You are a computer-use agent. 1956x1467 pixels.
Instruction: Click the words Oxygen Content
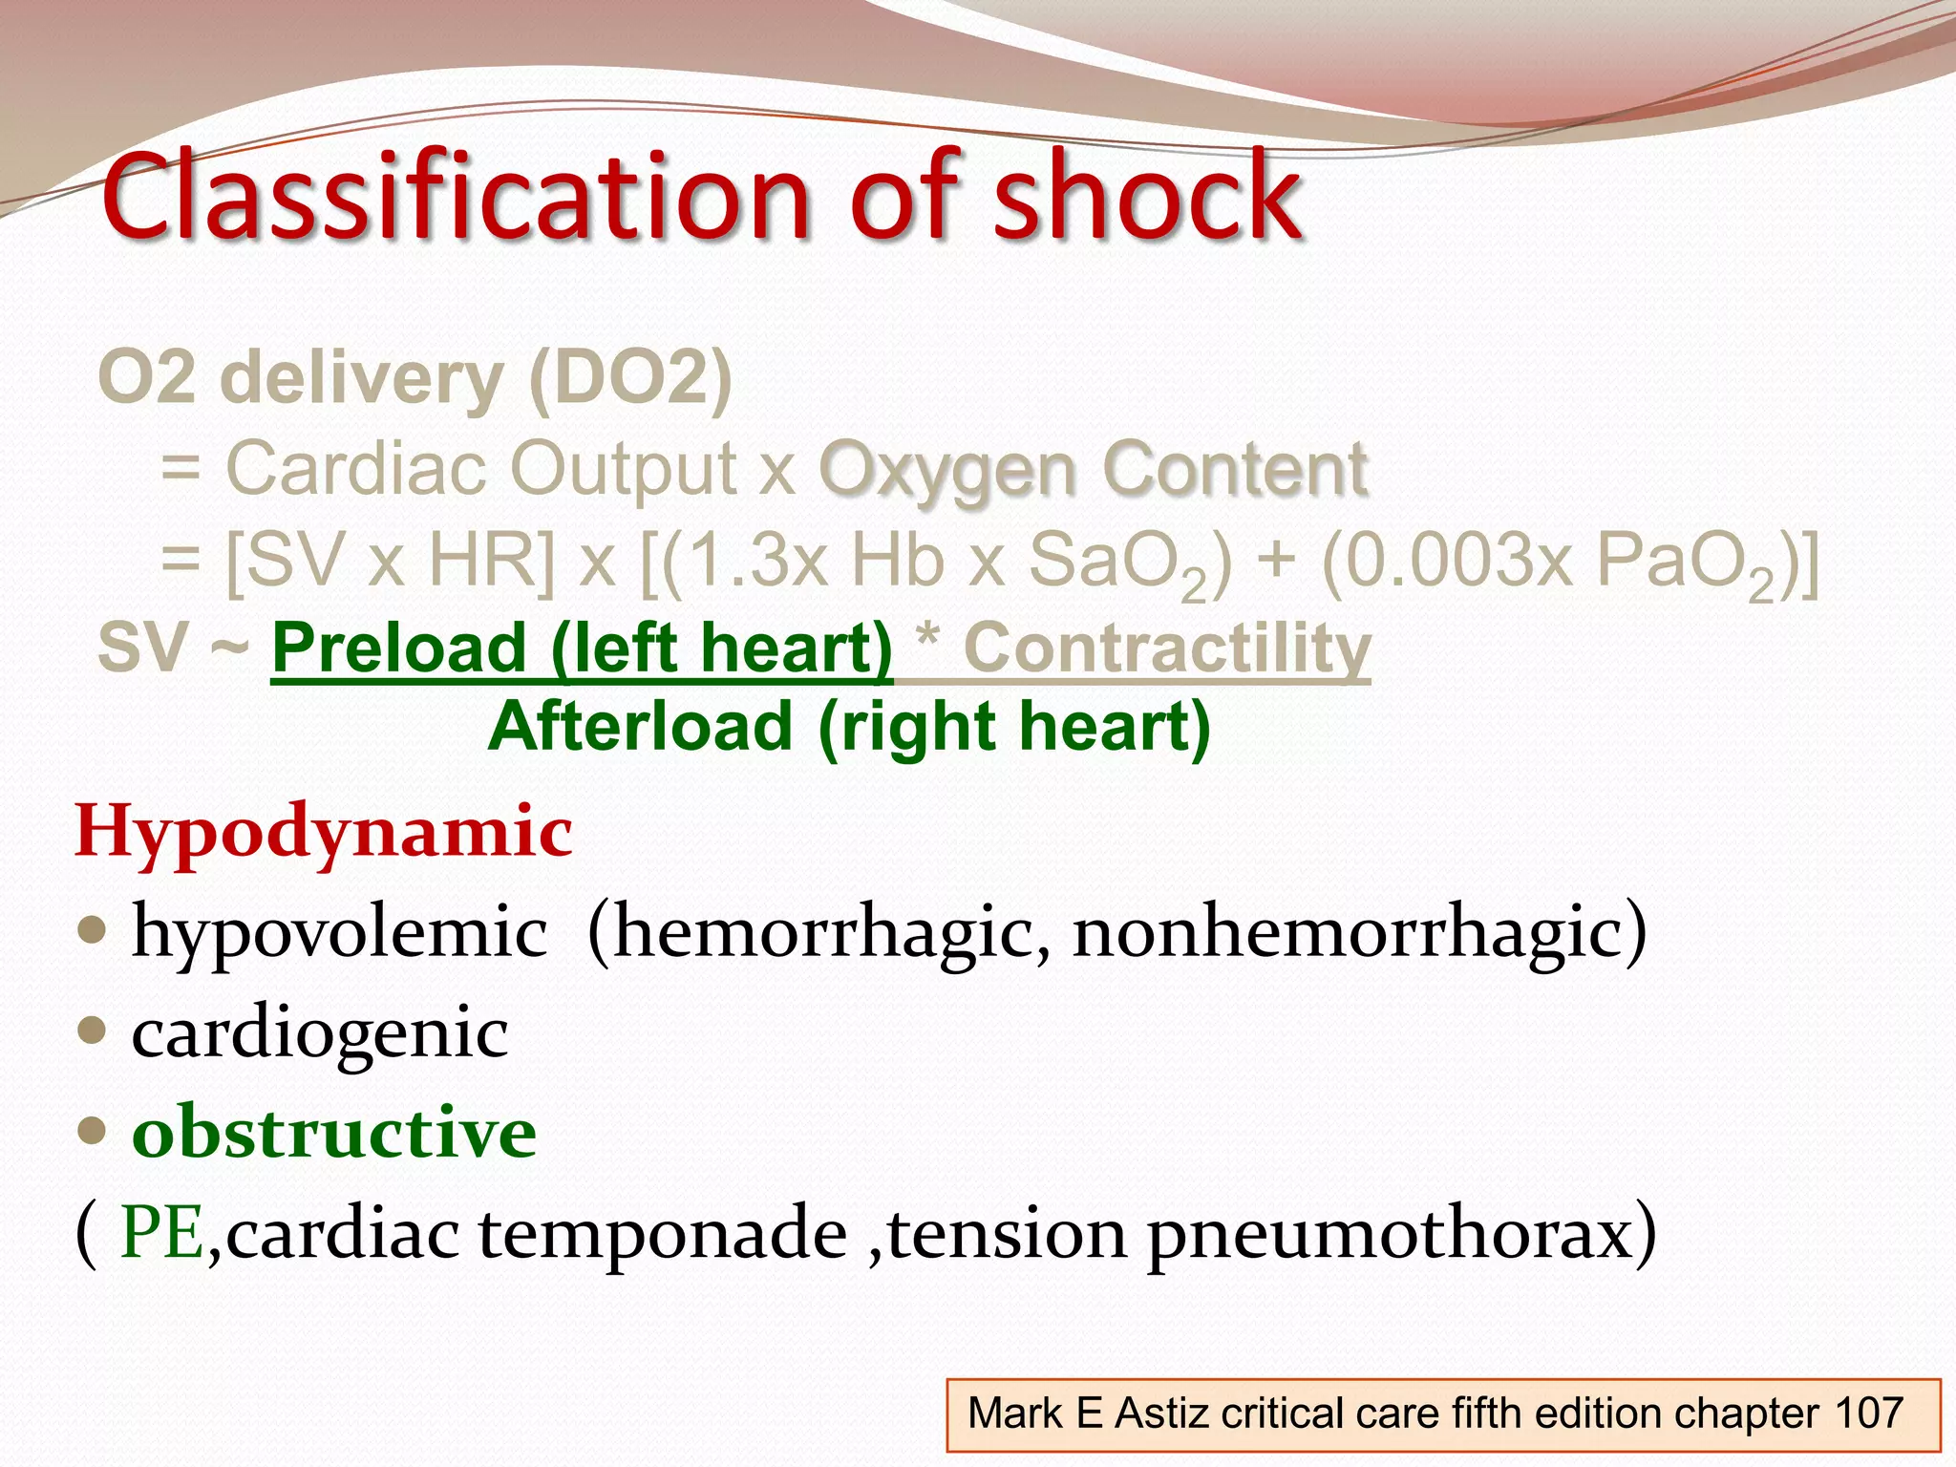pyautogui.click(x=1093, y=470)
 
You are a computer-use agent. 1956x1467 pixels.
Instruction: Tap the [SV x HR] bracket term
pyautogui.click(x=389, y=561)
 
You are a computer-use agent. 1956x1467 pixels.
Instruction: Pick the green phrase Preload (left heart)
pyautogui.click(x=582, y=648)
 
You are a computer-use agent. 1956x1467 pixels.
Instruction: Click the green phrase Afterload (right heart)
pyautogui.click(x=848, y=727)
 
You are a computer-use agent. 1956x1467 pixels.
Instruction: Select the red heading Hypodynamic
pyautogui.click(x=324, y=831)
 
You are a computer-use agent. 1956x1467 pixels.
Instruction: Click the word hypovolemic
pyautogui.click(x=340, y=931)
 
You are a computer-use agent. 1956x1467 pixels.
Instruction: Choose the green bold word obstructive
pyautogui.click(x=334, y=1132)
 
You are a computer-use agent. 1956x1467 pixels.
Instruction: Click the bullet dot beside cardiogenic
pyautogui.click(x=92, y=1031)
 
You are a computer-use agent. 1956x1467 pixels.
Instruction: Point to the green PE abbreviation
pyautogui.click(x=161, y=1233)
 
